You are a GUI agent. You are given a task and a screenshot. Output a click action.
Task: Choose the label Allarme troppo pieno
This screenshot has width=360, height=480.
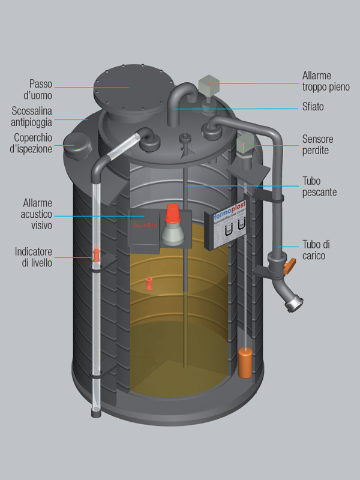tap(325, 82)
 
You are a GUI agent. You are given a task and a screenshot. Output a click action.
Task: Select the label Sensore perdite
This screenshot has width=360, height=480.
tap(317, 145)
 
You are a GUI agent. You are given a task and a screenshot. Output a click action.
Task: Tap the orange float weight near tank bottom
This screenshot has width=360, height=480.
tap(244, 362)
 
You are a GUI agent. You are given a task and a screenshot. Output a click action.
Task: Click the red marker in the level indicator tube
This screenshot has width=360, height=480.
tap(95, 256)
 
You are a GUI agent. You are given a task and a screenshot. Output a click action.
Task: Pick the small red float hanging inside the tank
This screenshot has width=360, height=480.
tap(150, 283)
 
